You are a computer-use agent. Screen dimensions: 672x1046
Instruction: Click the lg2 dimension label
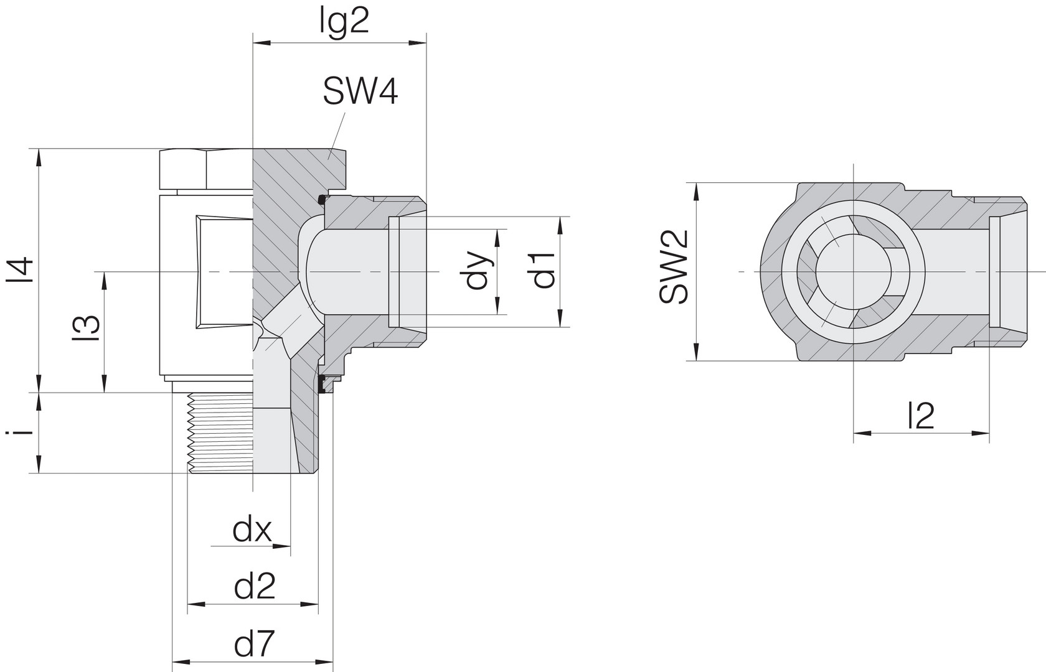click(345, 22)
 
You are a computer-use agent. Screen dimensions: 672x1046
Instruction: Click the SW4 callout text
click(360, 93)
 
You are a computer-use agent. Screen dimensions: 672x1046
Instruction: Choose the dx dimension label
click(252, 530)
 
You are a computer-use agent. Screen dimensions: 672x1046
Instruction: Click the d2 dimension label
click(255, 587)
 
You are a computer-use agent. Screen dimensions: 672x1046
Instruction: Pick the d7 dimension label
click(255, 645)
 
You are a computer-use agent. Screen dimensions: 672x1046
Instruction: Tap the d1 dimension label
click(544, 270)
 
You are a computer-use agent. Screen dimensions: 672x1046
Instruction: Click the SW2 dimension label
click(674, 267)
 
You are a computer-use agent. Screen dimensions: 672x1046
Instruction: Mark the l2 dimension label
click(921, 416)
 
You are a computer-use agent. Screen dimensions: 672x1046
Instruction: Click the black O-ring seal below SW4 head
click(322, 200)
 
